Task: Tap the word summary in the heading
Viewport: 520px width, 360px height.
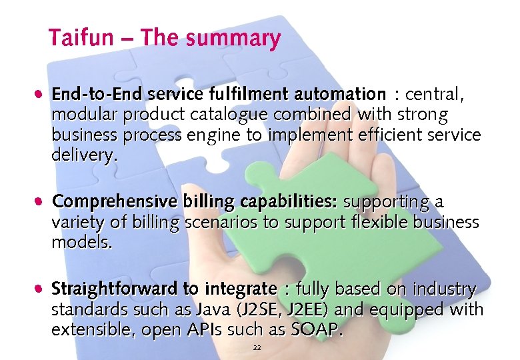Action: pos(233,39)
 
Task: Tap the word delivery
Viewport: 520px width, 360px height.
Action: pos(84,156)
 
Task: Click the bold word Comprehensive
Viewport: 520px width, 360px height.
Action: pos(114,201)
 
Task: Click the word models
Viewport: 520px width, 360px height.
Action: pos(82,242)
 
